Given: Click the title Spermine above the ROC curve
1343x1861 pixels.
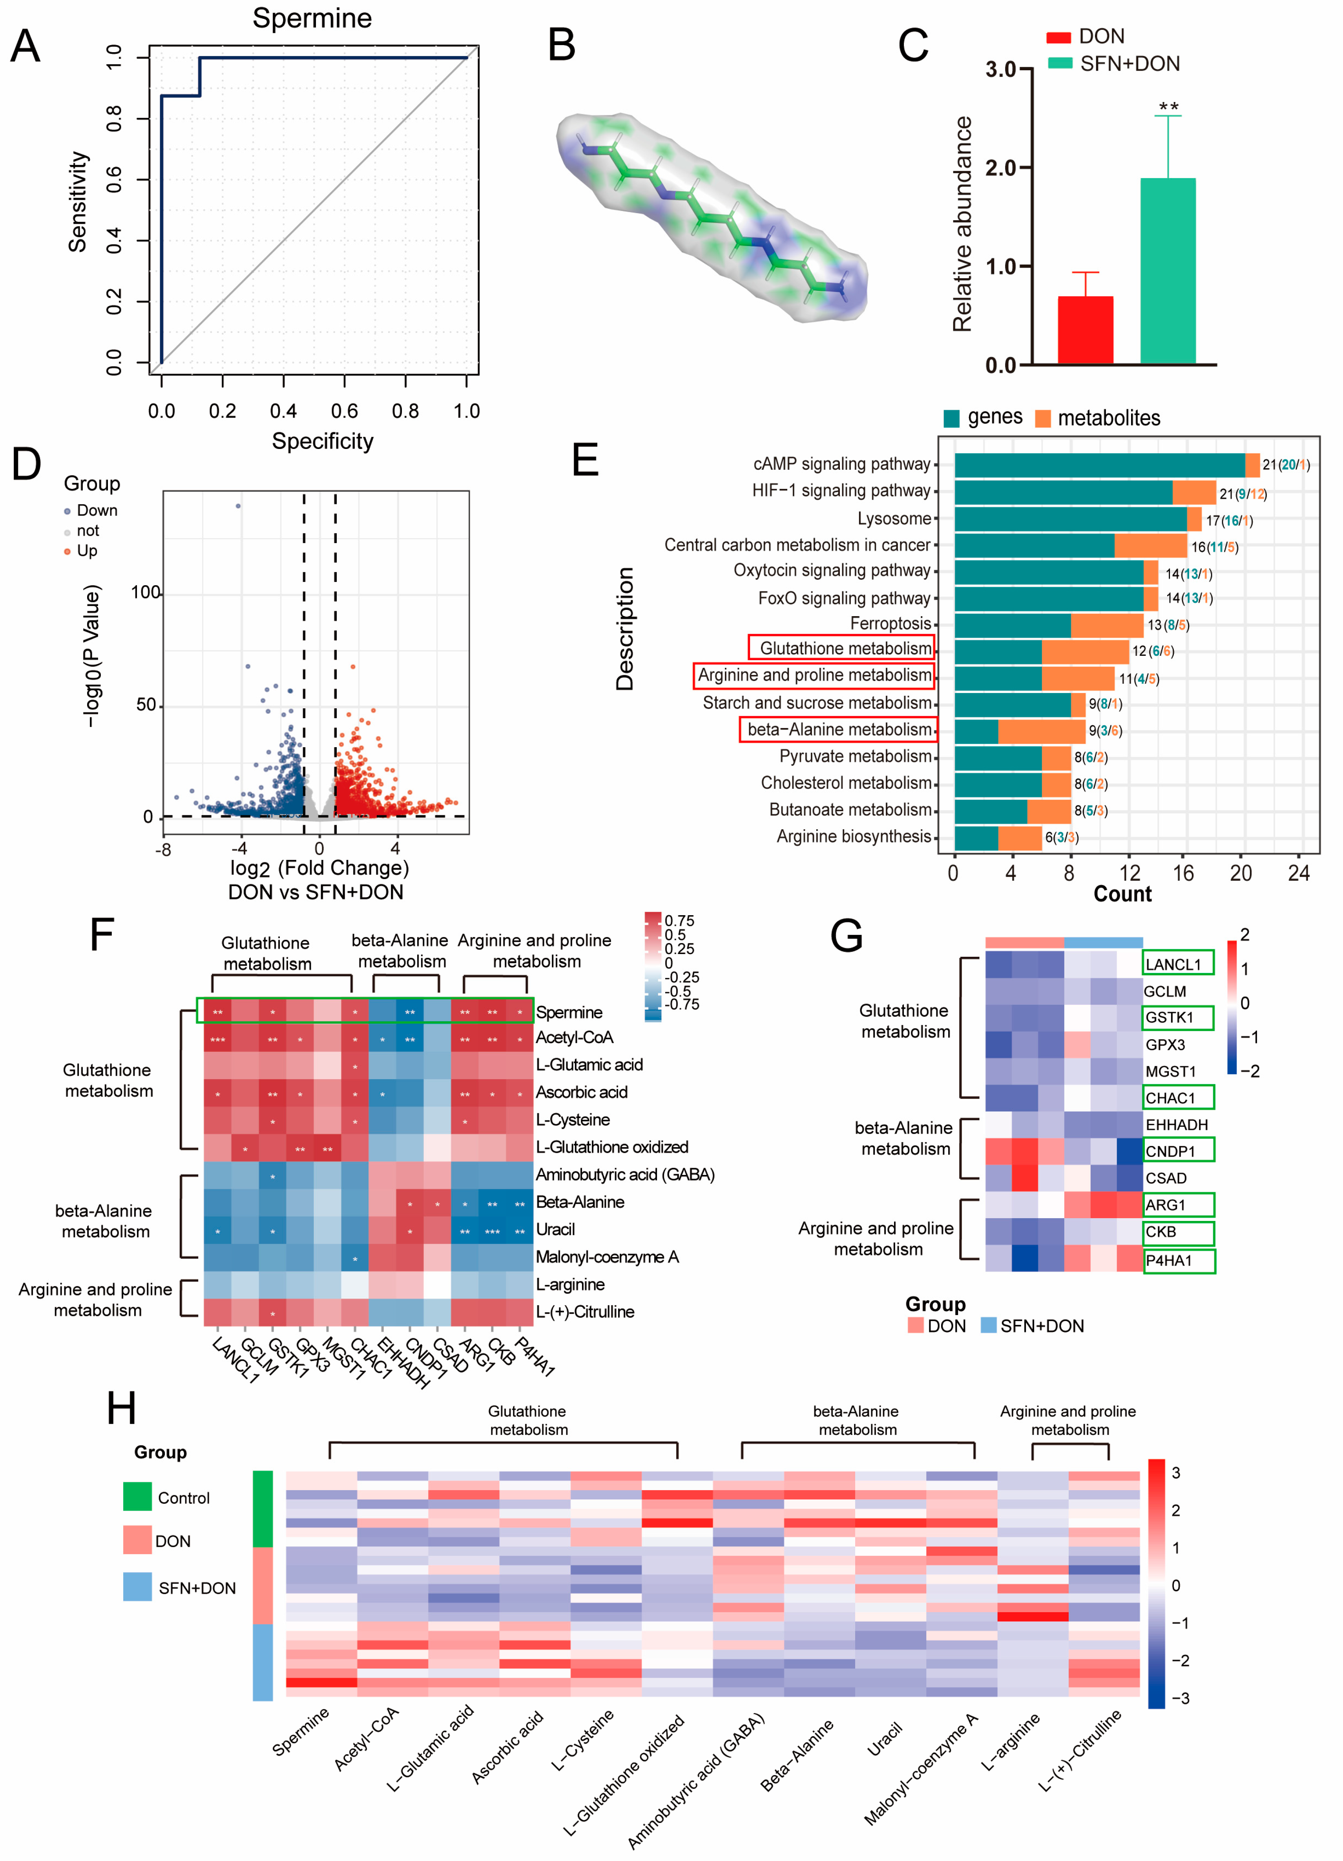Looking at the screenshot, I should [x=312, y=18].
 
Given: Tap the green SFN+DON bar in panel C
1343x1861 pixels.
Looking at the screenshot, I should [x=1168, y=271].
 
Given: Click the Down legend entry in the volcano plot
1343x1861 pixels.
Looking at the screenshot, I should [x=96, y=510].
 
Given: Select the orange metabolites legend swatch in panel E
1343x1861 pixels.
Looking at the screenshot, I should [x=1043, y=418].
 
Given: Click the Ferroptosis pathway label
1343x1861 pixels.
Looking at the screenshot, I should [x=890, y=624].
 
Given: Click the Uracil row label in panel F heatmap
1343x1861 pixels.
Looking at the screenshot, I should [x=555, y=1229].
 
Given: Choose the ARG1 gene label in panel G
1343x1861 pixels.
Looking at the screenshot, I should [x=1166, y=1204].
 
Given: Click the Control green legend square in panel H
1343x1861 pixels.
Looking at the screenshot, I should [x=137, y=1496].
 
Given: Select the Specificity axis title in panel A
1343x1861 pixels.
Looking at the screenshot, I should [x=323, y=442].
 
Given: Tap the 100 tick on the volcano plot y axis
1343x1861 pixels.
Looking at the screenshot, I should [x=145, y=593].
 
